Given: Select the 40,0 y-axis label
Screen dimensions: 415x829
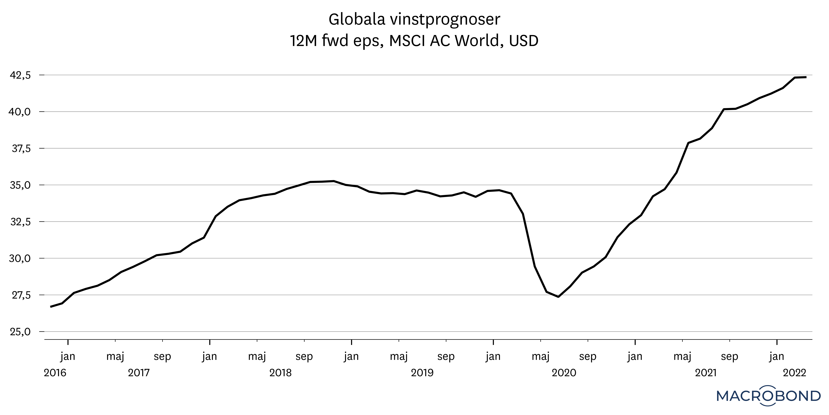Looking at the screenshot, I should tap(20, 112).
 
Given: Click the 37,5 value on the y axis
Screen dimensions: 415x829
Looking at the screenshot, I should tap(20, 149).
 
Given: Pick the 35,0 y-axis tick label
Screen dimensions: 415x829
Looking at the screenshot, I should tap(20, 185).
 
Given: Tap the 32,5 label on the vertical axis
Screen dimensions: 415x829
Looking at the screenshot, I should tap(20, 222).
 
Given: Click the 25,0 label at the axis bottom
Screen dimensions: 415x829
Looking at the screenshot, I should tap(20, 332).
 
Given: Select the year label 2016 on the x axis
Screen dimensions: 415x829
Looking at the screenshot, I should tap(55, 373).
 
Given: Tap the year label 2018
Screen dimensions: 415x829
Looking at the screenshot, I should tap(280, 373).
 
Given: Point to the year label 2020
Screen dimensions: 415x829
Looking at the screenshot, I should tap(564, 373).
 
